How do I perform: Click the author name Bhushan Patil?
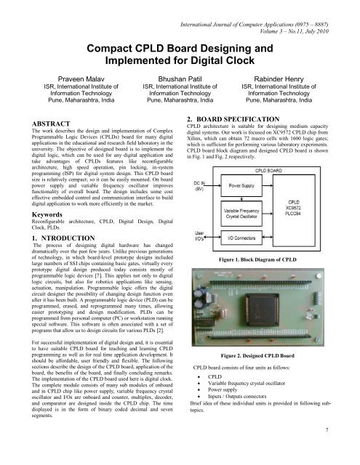[x=180, y=74]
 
